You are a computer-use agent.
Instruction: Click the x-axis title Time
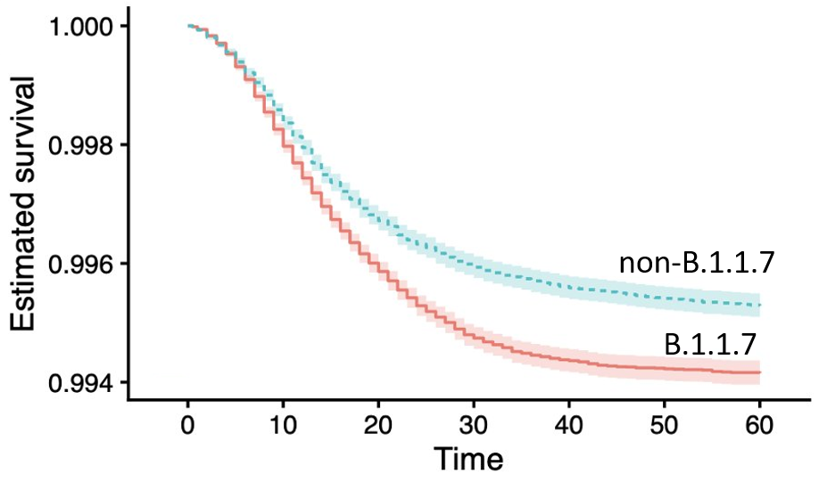(468, 460)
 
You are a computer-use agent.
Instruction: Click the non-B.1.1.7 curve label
(696, 264)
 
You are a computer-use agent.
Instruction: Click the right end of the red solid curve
(760, 372)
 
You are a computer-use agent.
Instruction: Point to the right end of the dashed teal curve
(760, 306)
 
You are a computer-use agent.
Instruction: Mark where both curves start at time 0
(188, 26)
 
